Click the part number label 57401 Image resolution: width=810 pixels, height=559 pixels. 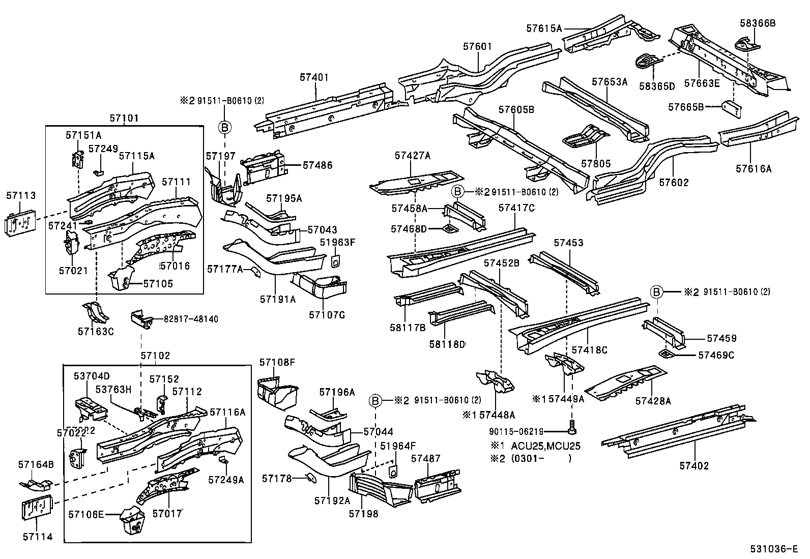point(314,77)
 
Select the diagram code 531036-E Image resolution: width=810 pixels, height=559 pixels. point(776,549)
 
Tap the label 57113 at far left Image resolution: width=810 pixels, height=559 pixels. point(21,196)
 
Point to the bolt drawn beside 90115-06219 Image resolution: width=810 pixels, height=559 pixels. point(571,429)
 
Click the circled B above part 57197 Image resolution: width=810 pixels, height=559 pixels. point(225,127)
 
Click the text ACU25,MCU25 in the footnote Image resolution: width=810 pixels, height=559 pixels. point(545,446)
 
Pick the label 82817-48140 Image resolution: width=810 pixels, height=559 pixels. point(191,319)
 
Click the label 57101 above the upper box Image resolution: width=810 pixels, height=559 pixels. point(124,119)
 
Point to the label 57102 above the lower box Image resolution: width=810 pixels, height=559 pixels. point(155,356)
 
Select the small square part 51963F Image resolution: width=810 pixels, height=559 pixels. point(336,261)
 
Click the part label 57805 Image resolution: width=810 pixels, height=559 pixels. point(595,164)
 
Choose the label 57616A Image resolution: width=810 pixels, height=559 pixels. point(754,169)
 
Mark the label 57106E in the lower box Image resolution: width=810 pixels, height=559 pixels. point(86,514)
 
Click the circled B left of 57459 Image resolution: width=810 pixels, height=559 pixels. point(656,292)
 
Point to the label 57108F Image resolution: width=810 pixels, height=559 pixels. point(277,362)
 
